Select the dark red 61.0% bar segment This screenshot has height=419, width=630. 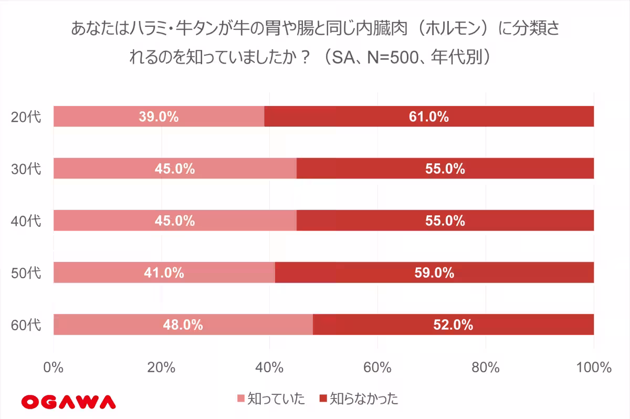[429, 117]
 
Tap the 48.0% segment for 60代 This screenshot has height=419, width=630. [183, 325]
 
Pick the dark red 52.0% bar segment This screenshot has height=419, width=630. [453, 325]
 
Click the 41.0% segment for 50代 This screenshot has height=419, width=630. [164, 273]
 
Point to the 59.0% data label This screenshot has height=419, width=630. [434, 273]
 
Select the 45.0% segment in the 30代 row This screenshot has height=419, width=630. [175, 169]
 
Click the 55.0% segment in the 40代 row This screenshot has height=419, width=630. [445, 221]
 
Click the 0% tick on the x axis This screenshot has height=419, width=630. [54, 368]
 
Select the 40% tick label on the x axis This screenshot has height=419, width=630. [270, 368]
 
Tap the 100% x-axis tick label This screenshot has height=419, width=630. [593, 368]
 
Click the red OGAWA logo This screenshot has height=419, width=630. [68, 402]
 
